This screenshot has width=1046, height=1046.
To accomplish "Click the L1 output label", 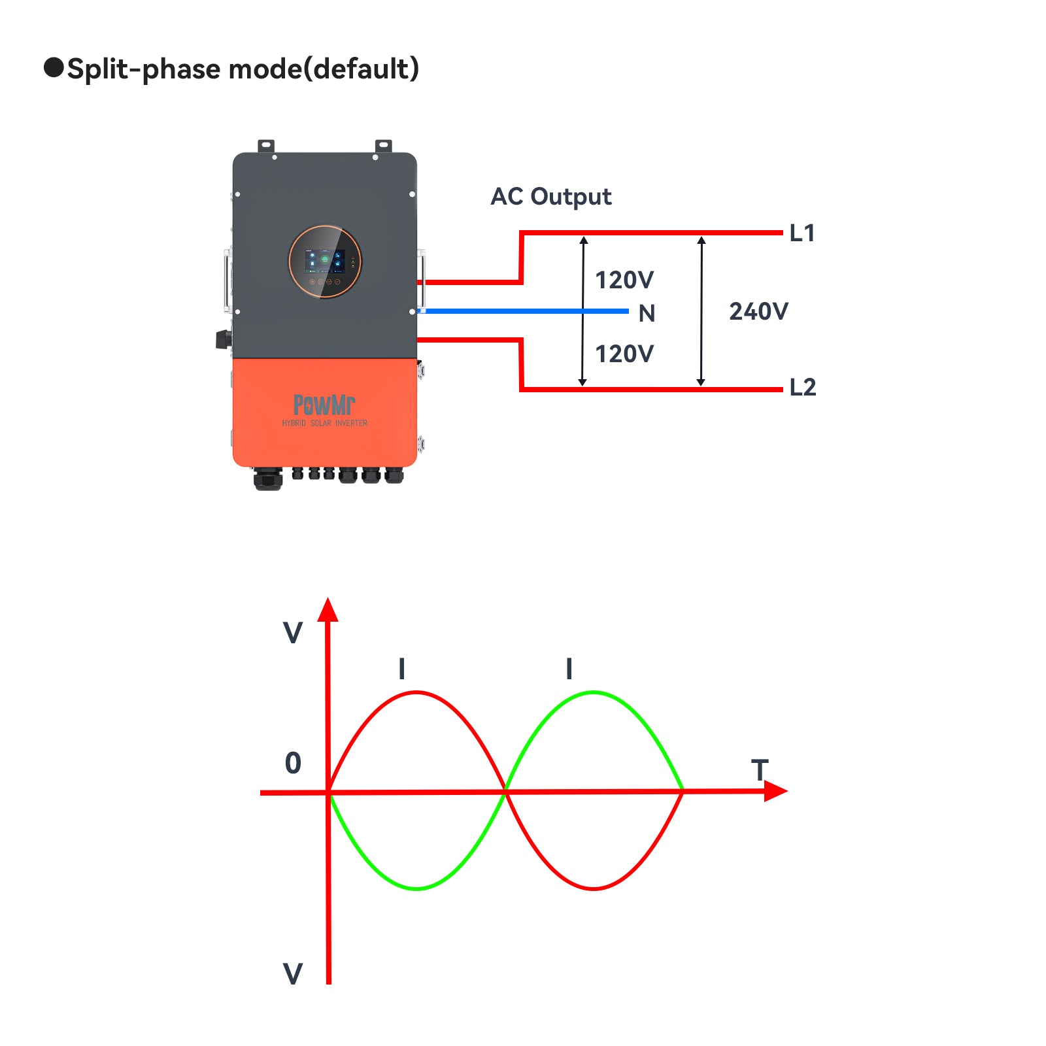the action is point(802,233).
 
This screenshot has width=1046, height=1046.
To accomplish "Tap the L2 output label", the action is point(803,387).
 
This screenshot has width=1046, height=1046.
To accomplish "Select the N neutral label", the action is point(647,314).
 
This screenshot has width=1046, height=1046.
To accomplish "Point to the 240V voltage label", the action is point(759,311).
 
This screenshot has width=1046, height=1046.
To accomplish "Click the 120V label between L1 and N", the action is point(624,280).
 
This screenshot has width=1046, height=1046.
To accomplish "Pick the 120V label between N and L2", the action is point(624,354).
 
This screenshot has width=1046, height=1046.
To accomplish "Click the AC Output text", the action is point(551,196).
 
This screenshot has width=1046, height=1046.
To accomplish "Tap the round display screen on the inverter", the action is point(325,261).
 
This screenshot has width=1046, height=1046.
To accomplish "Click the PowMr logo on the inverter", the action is point(324,405).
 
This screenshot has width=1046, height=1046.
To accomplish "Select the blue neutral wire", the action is point(523,311).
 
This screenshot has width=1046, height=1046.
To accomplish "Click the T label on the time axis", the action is point(760,770).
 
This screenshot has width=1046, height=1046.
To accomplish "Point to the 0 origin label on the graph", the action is point(293,763).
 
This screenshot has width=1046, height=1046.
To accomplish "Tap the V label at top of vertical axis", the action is point(293,633).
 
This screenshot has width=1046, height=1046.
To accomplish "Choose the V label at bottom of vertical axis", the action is point(293,974).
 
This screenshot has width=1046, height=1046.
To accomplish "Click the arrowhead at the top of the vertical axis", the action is point(328,609).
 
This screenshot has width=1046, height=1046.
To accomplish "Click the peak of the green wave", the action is point(594,692).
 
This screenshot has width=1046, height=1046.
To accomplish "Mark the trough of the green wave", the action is point(416,888).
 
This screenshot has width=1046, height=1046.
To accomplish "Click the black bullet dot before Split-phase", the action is point(54,67).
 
